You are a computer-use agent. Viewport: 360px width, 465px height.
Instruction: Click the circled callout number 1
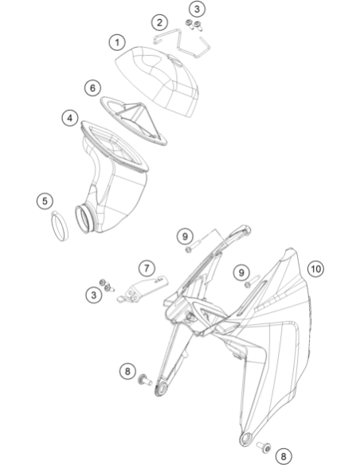pos(117,42)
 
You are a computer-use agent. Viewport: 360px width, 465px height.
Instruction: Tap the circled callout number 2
pos(159,22)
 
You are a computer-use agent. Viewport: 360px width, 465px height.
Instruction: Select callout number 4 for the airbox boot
pos(69,118)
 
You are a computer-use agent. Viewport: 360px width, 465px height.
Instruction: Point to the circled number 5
pos(45,201)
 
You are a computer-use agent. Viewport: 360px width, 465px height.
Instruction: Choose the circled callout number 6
pos(92,88)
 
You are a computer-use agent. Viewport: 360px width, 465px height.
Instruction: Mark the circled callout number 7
pos(147,268)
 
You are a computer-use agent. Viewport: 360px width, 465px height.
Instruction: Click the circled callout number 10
pos(315,269)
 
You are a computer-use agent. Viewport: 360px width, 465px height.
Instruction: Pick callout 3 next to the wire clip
pos(197,10)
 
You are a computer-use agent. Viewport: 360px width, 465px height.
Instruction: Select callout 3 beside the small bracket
pos(93,295)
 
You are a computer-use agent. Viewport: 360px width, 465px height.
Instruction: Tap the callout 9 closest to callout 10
pos(241,272)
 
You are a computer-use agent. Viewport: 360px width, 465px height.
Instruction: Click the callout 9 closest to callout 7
pos(185,236)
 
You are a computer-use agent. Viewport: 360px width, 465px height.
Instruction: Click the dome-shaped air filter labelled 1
pos(157,80)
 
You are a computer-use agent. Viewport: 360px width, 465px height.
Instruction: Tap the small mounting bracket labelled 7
pos(143,289)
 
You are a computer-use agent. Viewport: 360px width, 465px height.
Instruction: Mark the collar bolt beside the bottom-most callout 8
pos(264,446)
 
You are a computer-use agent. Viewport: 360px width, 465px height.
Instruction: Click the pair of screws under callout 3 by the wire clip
pos(194,25)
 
